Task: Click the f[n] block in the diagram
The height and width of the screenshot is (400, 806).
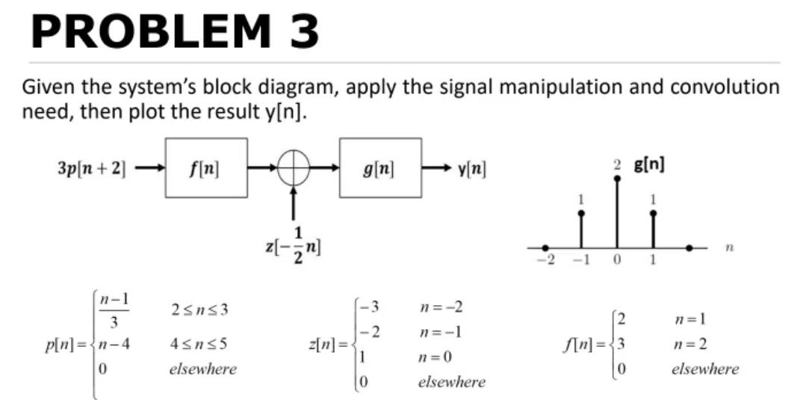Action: [205, 167]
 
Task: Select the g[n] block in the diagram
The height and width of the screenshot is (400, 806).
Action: [379, 167]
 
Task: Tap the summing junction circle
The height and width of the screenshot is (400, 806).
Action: [294, 168]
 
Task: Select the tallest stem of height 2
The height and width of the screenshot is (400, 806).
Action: [617, 213]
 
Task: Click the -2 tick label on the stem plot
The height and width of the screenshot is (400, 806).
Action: [545, 261]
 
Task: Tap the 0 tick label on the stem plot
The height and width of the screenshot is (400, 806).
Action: [617, 261]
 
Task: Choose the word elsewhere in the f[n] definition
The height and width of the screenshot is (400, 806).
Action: [706, 369]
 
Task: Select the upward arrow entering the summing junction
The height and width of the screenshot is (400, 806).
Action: [294, 201]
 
